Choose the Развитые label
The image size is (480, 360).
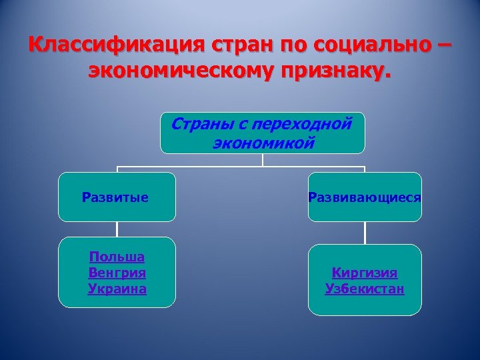[x=115, y=197]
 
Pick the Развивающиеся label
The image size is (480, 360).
[x=365, y=197]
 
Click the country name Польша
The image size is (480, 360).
[x=117, y=257]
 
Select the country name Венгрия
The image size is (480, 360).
[x=117, y=273]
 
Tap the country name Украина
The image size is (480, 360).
[x=117, y=289]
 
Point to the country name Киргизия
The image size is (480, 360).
[x=365, y=273]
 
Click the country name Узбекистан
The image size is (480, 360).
[x=365, y=289]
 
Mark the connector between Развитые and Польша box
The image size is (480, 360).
[x=117, y=229]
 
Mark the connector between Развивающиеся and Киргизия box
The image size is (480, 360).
[x=365, y=232]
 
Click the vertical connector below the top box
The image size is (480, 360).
[x=263, y=159]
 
